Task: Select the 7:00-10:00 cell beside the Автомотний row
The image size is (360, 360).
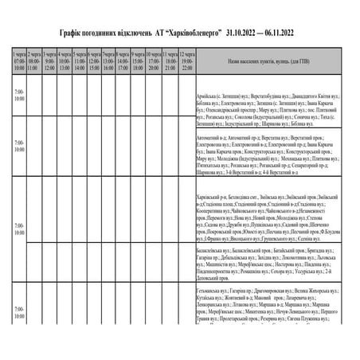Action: pyautogui.click(x=19, y=147)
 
